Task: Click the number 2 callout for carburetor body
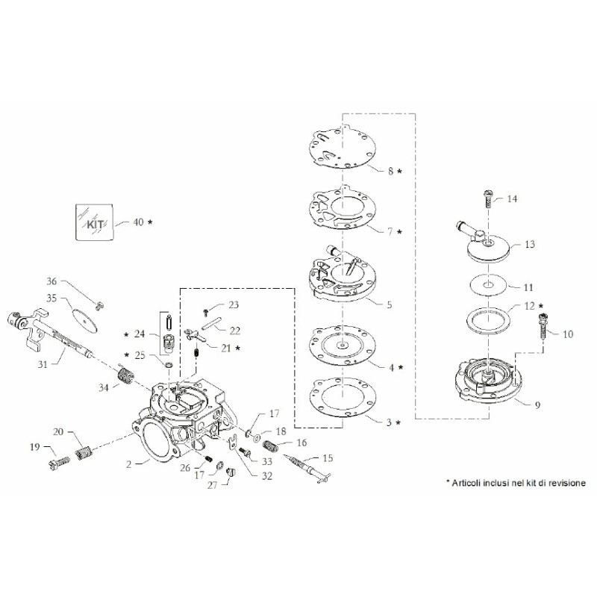pyautogui.click(x=128, y=463)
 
